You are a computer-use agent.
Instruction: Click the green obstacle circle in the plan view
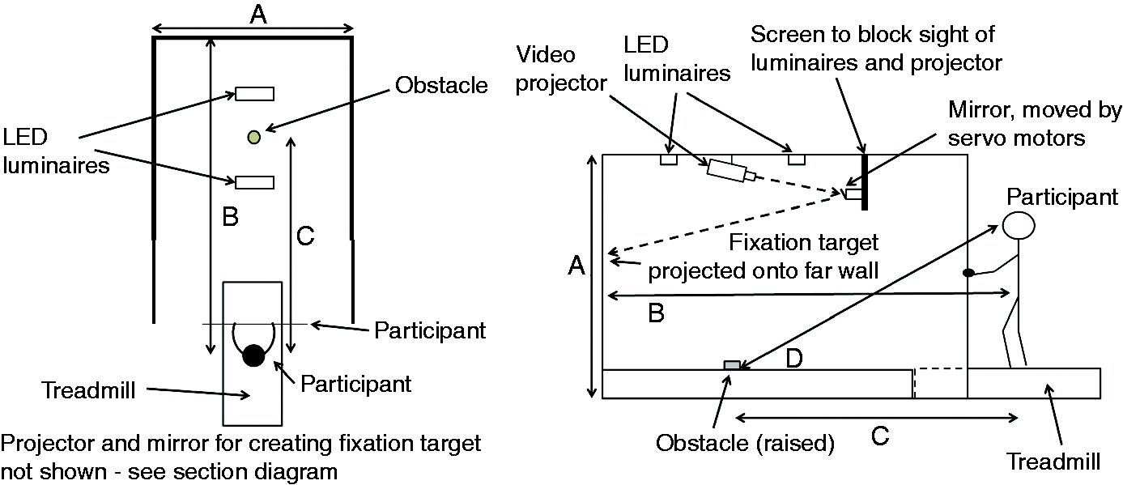point(254,137)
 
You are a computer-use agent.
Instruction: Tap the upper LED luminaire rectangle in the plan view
point(255,94)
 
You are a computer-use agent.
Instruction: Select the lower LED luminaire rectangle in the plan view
point(255,182)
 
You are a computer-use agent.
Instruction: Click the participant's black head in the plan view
point(253,355)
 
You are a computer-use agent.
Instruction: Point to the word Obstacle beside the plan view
point(441,85)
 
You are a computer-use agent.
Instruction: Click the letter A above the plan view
point(258,15)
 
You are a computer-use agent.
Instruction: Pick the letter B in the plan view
point(230,217)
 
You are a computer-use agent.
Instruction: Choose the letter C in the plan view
point(305,236)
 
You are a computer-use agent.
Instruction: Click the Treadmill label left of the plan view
point(89,390)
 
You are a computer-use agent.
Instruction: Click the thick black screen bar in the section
point(864,182)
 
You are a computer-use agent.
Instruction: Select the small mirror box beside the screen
point(853,194)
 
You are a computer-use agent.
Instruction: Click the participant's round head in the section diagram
point(1019,225)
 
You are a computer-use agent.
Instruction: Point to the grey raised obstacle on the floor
point(733,365)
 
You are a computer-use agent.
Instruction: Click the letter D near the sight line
point(794,358)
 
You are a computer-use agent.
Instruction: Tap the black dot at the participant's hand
point(968,273)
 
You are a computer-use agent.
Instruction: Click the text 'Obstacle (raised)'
point(745,443)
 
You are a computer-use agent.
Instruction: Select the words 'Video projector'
point(561,69)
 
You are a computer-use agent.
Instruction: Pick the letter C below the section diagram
point(880,436)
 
